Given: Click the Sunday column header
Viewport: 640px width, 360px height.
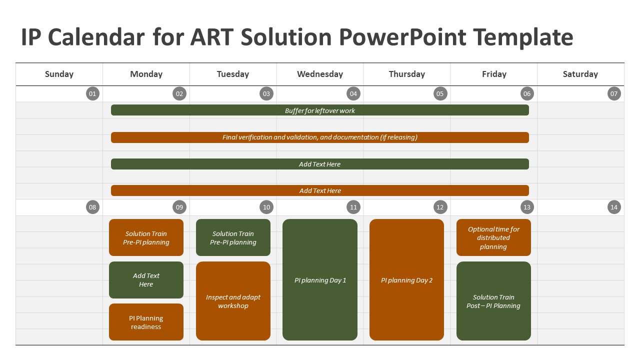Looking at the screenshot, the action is [x=59, y=74].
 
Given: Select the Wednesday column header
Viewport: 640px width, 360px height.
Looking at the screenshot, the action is [x=320, y=74].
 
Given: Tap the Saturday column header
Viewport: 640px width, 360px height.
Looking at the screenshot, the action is [x=580, y=74].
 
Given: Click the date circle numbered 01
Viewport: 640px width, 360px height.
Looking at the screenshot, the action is [x=92, y=93].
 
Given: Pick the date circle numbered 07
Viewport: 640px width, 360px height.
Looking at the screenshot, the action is [x=614, y=93].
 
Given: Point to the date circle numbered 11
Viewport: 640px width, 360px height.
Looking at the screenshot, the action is [x=353, y=207].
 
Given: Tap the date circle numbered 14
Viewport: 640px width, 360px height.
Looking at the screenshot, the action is [x=614, y=207].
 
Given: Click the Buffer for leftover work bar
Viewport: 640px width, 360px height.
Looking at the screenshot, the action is [x=320, y=110].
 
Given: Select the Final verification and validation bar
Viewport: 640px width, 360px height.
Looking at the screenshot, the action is [x=320, y=137].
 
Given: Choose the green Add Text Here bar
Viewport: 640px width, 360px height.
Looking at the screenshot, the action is [x=320, y=164].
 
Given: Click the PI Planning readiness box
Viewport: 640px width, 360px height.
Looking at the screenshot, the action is [x=146, y=322].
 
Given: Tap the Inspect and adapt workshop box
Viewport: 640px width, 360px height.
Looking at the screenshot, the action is [x=233, y=301].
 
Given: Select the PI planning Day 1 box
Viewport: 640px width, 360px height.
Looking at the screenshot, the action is [x=320, y=279].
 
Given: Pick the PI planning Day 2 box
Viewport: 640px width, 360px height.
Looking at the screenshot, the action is [x=406, y=279].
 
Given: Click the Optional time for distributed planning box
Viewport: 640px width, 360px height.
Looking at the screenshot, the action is [x=493, y=237].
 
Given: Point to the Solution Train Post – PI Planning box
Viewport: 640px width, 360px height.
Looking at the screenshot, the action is [x=493, y=301].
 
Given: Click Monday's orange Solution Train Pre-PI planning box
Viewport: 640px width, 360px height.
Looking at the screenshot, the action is [x=146, y=237].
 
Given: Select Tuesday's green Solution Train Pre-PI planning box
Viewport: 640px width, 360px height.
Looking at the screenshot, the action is [x=233, y=237].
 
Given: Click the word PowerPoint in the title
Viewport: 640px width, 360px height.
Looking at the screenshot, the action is [x=403, y=37].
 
